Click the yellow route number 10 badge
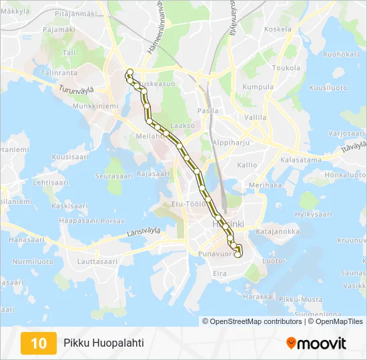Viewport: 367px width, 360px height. tap(39, 343)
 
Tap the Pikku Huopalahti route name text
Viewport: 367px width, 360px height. tap(103, 343)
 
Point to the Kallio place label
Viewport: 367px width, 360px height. tap(246, 165)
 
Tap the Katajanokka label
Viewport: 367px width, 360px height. tap(274, 232)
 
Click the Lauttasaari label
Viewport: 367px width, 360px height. tap(97, 262)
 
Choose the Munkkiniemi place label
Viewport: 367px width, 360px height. tap(95, 106)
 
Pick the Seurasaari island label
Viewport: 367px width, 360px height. tap(114, 176)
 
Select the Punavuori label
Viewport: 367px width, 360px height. tap(214, 254)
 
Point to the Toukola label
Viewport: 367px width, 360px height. tap(286, 68)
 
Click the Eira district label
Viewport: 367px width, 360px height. tap(220, 273)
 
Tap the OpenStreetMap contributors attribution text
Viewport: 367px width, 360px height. tap(252, 321)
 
